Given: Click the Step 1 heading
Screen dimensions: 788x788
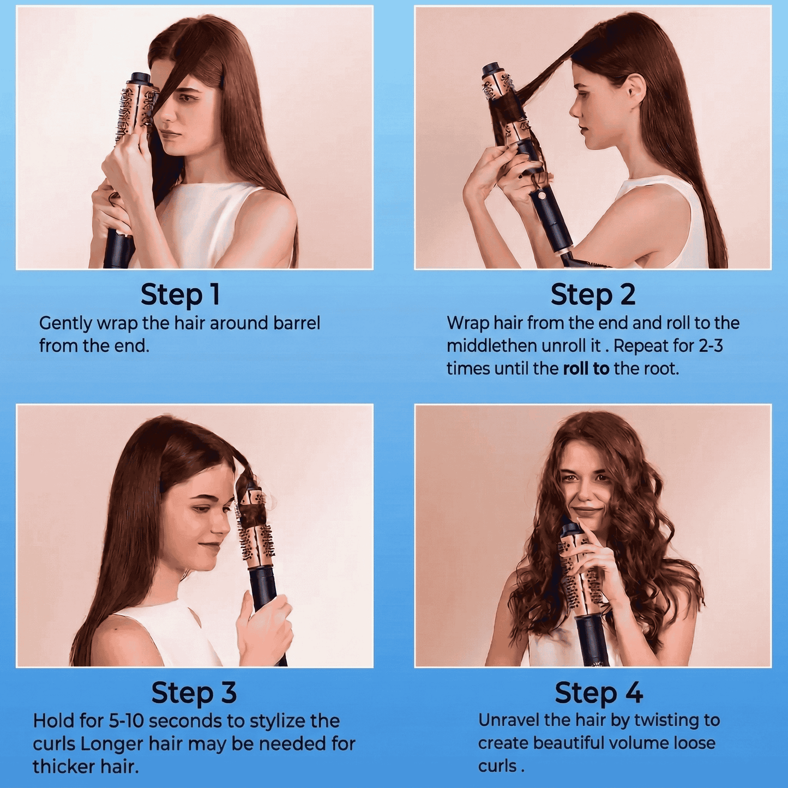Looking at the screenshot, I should click(180, 295).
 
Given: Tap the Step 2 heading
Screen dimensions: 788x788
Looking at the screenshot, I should click(593, 295).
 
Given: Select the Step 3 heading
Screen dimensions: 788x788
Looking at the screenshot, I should click(194, 693).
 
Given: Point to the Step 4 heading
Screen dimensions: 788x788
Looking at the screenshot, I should click(598, 693).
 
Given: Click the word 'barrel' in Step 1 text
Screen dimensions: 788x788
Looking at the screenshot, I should click(297, 323).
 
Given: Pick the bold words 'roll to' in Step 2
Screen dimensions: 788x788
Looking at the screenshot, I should click(586, 369).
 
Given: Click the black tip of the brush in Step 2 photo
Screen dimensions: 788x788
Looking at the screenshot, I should click(492, 70).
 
